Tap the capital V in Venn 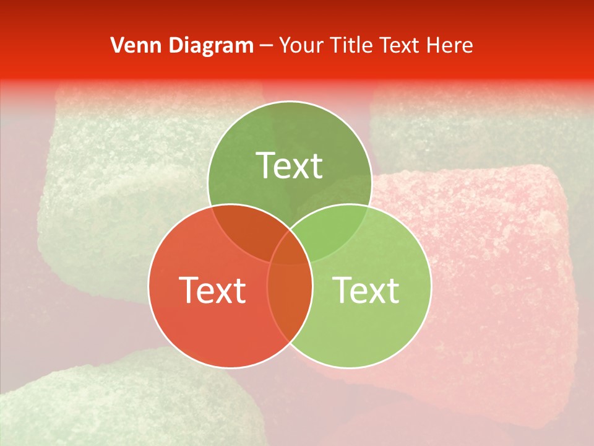point(116,45)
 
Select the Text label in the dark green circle point(290,165)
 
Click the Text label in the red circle point(212,290)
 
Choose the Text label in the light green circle point(366,290)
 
